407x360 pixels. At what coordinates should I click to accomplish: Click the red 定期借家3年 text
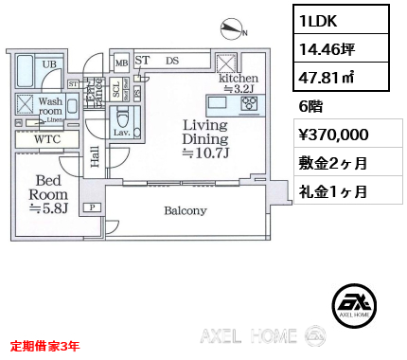pyautogui.click(x=45, y=346)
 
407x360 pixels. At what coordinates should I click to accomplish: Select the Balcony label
pyautogui.click(x=185, y=210)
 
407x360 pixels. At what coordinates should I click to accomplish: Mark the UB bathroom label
pyautogui.click(x=50, y=64)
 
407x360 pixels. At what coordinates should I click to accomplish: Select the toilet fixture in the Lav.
pyautogui.click(x=123, y=121)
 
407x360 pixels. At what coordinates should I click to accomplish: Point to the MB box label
pyautogui.click(x=121, y=63)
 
